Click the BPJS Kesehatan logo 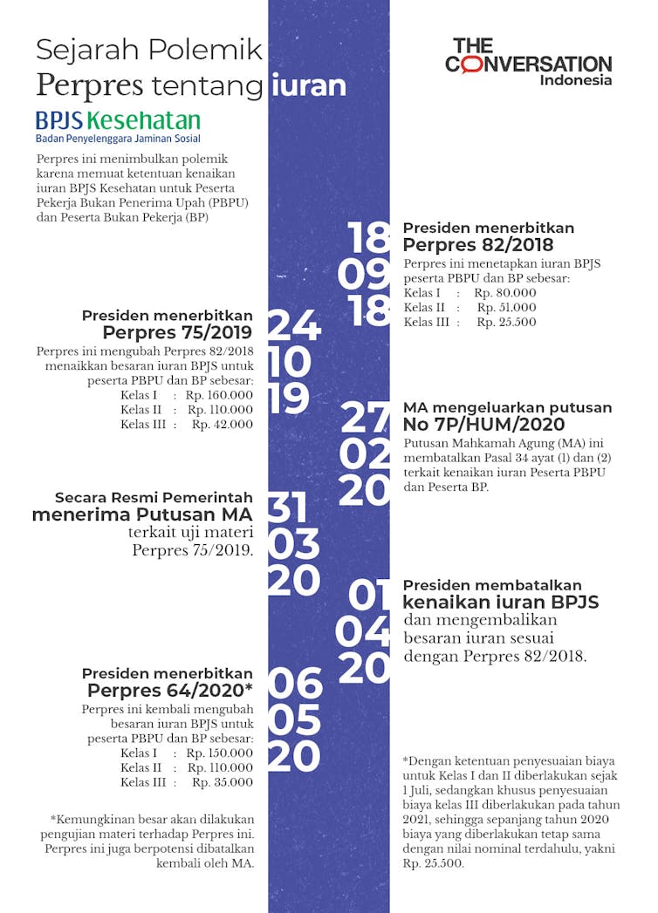point(118,126)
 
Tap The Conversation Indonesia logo point(528,61)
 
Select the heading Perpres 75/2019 point(177,332)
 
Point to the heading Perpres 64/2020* point(170,691)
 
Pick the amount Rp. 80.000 point(505,293)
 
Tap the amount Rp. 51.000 point(506,308)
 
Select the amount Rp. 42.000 point(223,425)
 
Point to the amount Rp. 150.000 point(220,753)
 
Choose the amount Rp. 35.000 point(223,782)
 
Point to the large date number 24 point(294,326)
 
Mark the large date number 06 point(295,685)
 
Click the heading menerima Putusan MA point(142,514)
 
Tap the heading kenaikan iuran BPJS point(500,603)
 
